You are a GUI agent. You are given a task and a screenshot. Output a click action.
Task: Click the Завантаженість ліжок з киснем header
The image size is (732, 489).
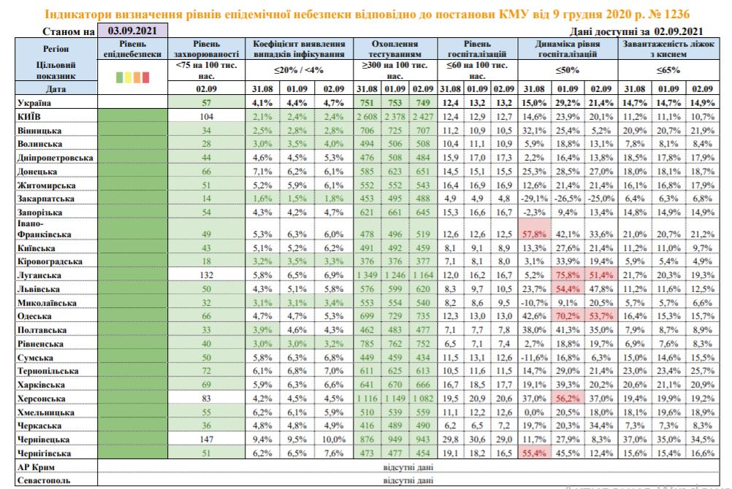661,49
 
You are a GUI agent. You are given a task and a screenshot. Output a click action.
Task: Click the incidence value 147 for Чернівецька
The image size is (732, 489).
207,440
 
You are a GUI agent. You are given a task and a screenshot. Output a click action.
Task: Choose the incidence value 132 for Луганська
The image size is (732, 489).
207,276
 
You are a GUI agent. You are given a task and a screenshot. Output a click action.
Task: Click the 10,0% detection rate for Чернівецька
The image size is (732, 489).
331,440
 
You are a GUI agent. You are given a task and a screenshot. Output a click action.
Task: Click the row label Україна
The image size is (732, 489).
26,103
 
